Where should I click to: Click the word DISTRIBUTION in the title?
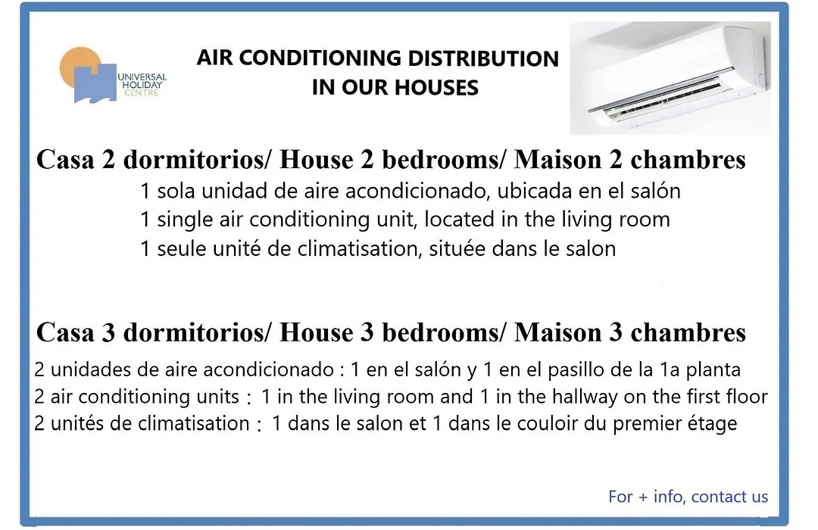click(x=483, y=58)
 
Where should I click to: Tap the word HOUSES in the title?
click(x=437, y=88)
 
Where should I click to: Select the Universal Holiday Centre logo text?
click(x=142, y=85)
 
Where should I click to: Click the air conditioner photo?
click(x=670, y=78)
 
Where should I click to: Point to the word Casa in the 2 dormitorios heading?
click(x=65, y=160)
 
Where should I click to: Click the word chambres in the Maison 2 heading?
click(x=688, y=160)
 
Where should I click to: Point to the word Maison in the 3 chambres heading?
click(x=557, y=333)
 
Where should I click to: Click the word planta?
click(x=713, y=370)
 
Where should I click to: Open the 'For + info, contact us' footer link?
click(x=688, y=497)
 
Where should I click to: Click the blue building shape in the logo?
click(x=95, y=83)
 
